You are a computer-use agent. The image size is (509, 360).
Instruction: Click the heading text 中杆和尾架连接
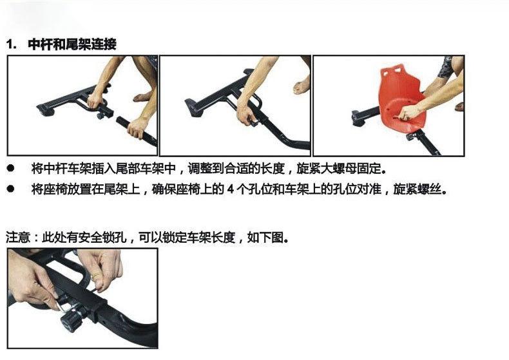click(72, 45)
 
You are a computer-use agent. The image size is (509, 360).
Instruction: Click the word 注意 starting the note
click(17, 237)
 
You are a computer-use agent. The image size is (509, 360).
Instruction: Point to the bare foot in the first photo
click(143, 97)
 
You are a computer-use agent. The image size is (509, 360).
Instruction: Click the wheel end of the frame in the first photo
click(44, 110)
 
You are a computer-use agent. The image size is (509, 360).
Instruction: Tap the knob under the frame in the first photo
click(101, 117)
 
